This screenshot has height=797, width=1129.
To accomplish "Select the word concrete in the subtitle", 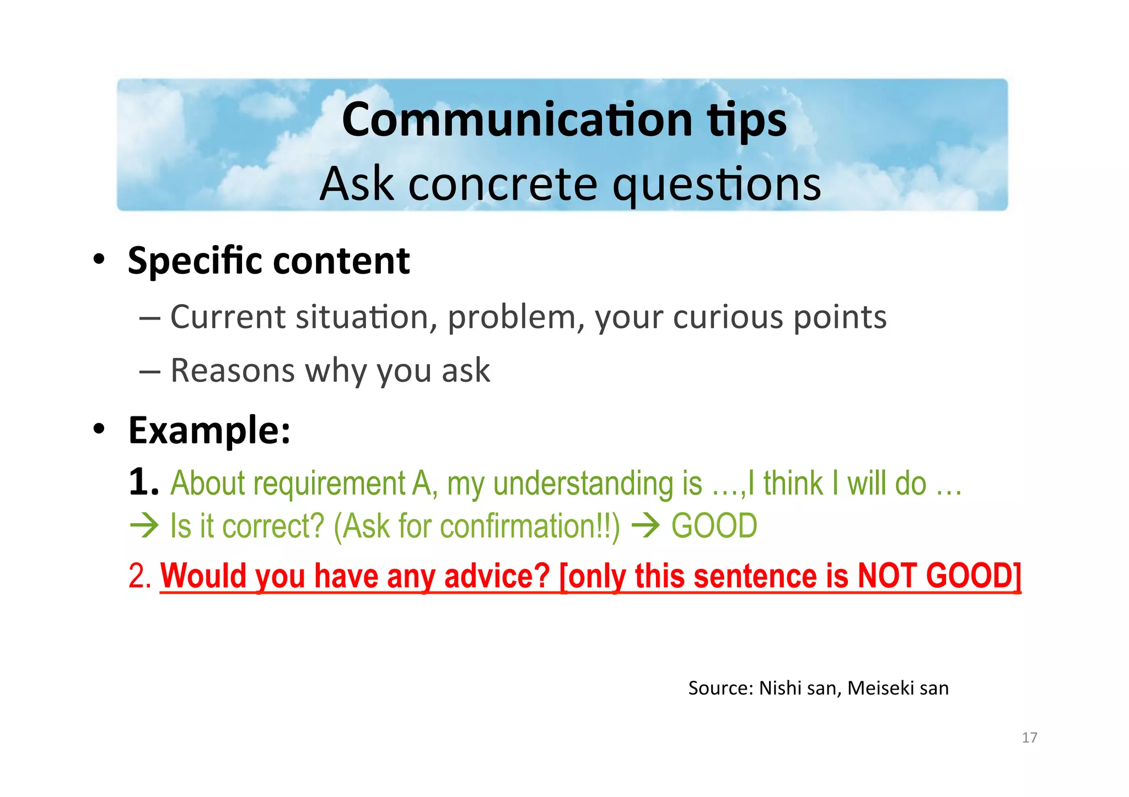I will (502, 184).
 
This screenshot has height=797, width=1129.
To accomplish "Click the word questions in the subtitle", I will (717, 185).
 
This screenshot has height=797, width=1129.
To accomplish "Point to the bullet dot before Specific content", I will (99, 259).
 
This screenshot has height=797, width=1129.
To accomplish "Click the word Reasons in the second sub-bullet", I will (232, 370).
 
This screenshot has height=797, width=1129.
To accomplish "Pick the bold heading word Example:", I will (209, 430).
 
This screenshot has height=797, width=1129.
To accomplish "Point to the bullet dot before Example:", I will (99, 429).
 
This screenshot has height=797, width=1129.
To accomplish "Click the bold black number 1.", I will (143, 482).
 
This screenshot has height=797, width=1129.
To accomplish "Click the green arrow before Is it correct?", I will (144, 525).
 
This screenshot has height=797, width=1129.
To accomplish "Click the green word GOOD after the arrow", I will (714, 525).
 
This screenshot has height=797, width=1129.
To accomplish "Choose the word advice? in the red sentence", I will (497, 576).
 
